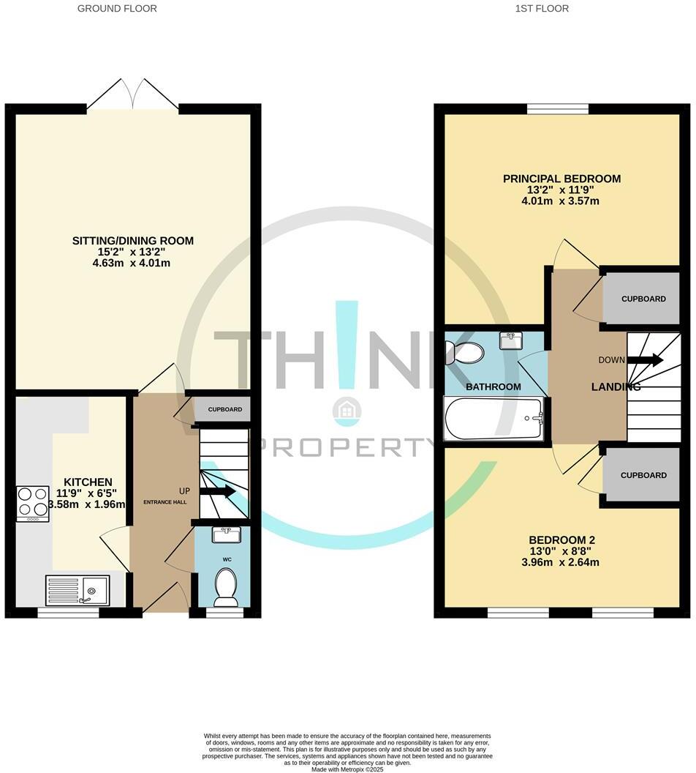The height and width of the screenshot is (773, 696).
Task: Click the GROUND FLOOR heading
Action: pyautogui.click(x=117, y=9)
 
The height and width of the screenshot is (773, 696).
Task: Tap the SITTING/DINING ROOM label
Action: pyautogui.click(x=132, y=241)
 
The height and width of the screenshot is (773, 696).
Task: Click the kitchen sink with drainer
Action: pyautogui.click(x=77, y=590)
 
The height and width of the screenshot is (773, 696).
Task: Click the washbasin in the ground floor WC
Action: pyautogui.click(x=225, y=535)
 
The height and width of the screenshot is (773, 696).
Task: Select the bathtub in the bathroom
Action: pyautogui.click(x=495, y=419)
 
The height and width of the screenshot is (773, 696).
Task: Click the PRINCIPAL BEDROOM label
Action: pyautogui.click(x=561, y=179)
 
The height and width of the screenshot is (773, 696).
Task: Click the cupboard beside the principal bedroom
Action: pyautogui.click(x=643, y=299)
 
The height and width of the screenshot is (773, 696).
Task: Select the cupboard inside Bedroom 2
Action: pyautogui.click(x=643, y=475)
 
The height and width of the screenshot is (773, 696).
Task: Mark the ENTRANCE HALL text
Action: pyautogui.click(x=164, y=502)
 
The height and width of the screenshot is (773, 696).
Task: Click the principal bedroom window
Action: pyautogui.click(x=558, y=109)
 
